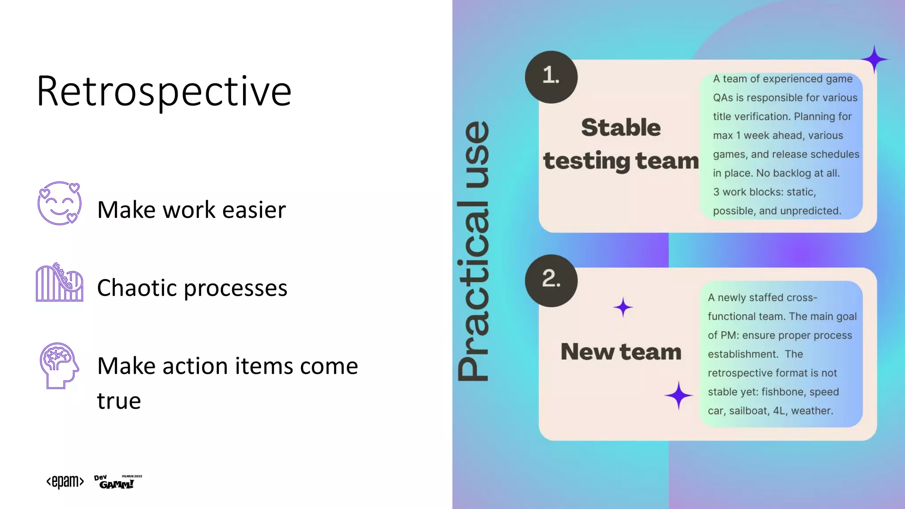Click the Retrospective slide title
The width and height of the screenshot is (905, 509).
point(164,91)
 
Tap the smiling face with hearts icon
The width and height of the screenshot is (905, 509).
point(59,203)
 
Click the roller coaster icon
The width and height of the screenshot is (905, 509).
point(59,283)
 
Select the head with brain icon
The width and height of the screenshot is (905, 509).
point(59,365)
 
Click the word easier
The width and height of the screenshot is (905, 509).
point(254,210)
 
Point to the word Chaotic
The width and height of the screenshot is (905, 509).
point(137,288)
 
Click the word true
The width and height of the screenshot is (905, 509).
point(119,401)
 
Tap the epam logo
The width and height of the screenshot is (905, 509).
point(65,481)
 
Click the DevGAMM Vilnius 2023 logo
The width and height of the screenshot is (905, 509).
point(117,482)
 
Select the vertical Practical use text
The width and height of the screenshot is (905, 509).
point(473,251)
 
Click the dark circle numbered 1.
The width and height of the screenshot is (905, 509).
point(551,77)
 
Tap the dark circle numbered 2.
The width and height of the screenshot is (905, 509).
point(551,280)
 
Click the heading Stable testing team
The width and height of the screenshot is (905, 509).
point(620,144)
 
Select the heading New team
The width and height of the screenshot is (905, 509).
point(620,352)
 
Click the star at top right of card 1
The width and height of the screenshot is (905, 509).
point(874,59)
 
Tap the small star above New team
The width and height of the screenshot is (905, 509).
point(623,307)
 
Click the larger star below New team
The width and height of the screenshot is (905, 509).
point(678,395)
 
